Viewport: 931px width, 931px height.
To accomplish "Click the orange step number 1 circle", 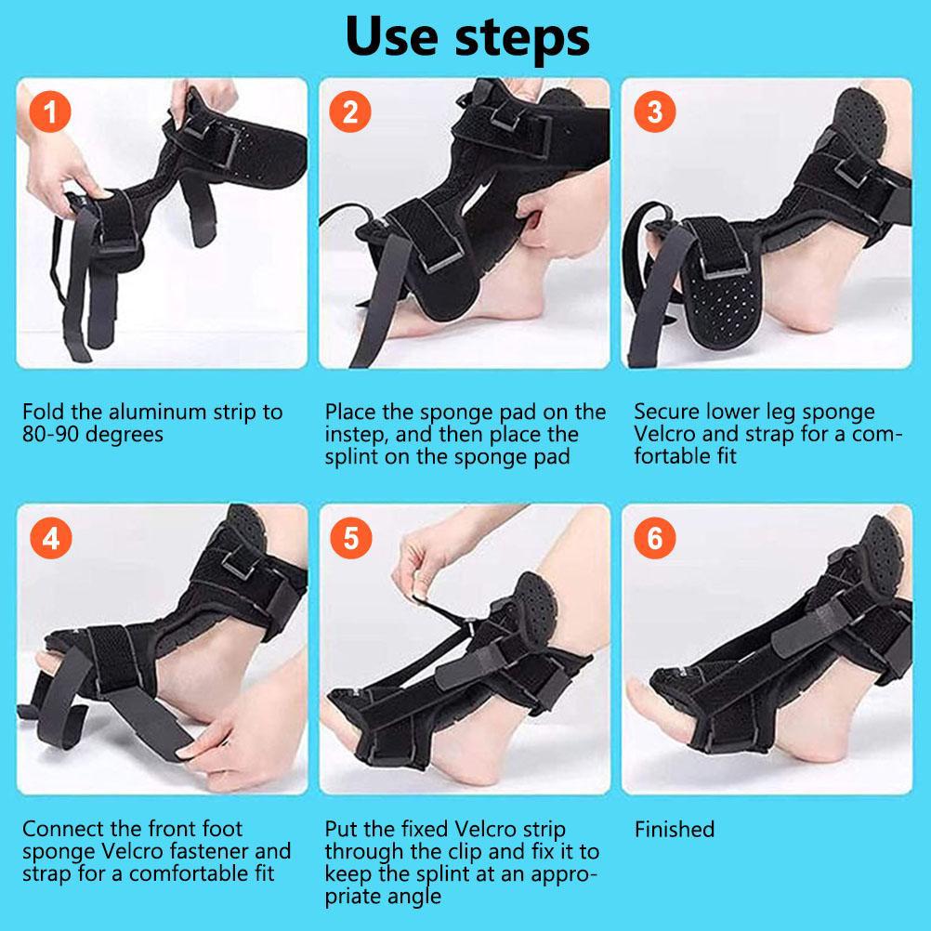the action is tap(50, 111).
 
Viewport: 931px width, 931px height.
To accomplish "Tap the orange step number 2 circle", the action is tap(350, 111).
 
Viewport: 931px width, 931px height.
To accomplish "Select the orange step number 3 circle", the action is tap(654, 111).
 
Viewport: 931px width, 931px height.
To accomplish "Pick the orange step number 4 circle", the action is tap(51, 539).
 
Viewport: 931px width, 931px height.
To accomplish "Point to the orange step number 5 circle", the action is tap(351, 538).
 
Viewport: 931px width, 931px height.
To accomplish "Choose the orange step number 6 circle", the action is tap(654, 538).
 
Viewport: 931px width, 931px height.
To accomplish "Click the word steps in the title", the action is tap(522, 39).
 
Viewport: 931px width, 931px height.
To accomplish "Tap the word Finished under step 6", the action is tap(675, 829).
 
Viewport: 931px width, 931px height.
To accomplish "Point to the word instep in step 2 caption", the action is tap(354, 435).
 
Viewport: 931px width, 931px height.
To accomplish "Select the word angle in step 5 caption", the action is tap(412, 897).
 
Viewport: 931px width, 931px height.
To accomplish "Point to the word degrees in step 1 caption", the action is tap(125, 435).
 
